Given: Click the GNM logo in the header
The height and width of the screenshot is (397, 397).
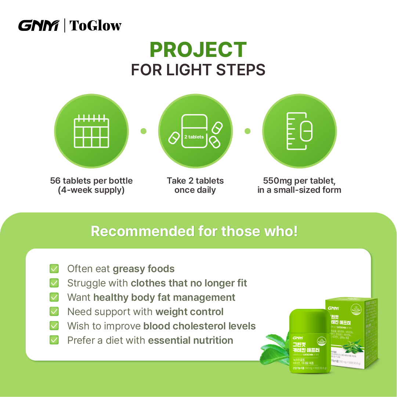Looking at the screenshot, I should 38,26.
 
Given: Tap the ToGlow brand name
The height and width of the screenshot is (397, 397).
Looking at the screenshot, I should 95,26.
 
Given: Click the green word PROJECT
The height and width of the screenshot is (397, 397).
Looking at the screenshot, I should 198,50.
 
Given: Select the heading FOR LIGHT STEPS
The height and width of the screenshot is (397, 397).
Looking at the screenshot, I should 198,70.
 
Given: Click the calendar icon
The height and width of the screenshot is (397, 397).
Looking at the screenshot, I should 91,131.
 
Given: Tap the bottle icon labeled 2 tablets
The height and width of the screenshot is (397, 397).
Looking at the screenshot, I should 194,131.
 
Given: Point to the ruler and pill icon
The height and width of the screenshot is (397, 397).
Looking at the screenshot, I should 299,131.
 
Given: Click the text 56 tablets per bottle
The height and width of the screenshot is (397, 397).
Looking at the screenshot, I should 91,181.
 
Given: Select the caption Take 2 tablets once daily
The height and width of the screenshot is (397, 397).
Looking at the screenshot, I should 195,185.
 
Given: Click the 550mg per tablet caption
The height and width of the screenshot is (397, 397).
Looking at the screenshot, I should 299,185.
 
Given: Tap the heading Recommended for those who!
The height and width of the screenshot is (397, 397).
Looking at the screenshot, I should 194,231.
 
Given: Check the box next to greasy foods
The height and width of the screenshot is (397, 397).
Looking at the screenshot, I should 54,268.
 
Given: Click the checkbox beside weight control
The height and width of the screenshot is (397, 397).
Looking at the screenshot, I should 54,311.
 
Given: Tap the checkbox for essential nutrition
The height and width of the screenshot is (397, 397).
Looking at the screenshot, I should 54,340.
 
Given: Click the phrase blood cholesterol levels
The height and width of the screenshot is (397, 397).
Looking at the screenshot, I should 199,326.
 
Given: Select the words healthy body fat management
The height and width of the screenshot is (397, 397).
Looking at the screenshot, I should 164,297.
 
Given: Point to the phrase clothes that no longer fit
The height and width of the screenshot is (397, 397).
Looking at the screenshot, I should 189,283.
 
